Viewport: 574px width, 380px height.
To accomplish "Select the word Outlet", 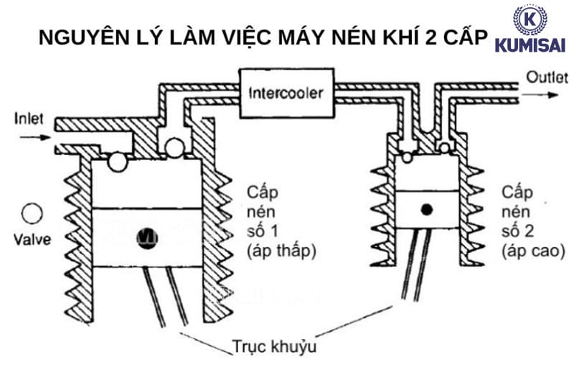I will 545,76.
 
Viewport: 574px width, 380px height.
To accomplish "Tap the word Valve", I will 32,239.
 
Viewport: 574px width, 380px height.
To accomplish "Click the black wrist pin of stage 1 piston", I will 148,234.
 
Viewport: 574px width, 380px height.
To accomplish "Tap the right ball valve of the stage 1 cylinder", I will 173,148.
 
